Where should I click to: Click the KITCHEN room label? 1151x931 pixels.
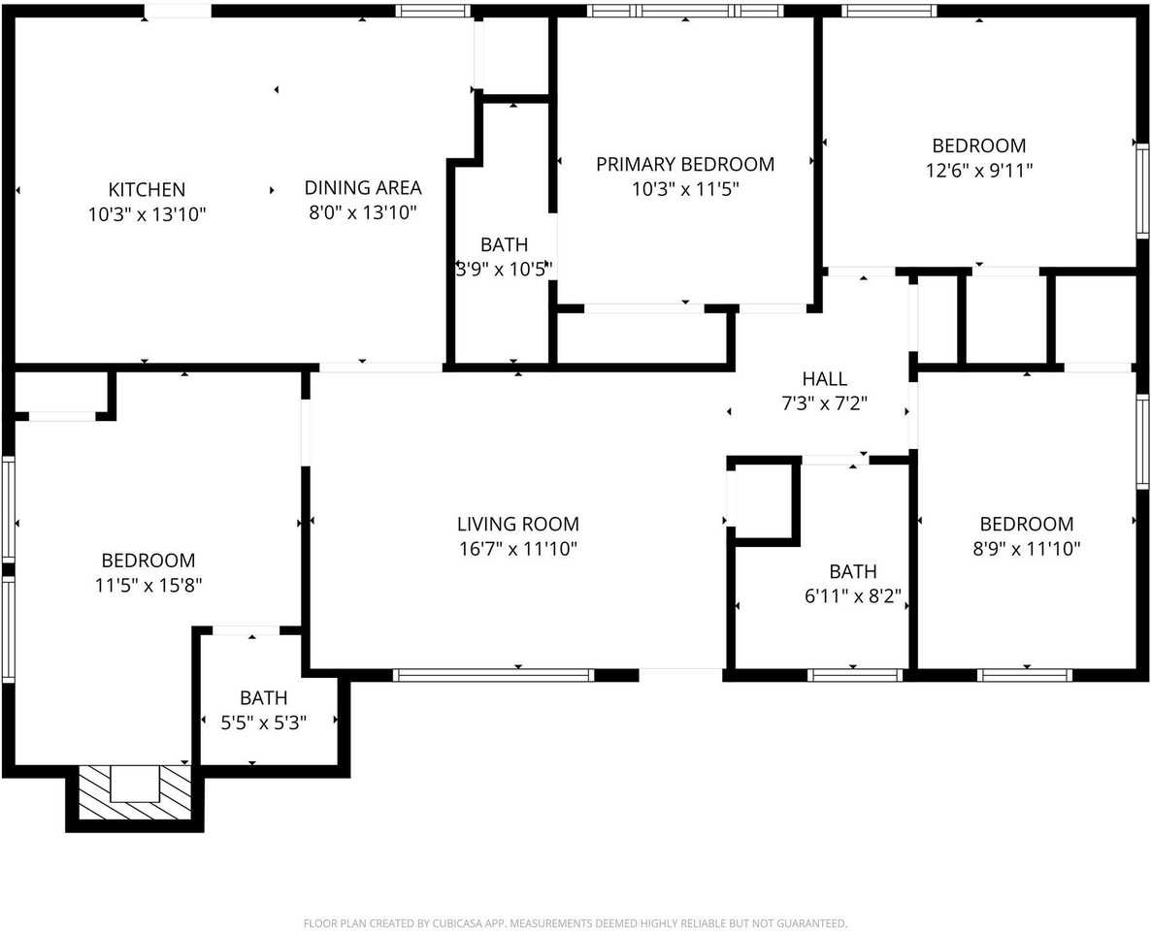tap(147, 189)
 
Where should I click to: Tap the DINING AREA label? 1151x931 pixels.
tap(363, 188)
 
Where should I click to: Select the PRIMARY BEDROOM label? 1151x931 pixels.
tap(685, 164)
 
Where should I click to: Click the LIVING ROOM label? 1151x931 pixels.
tap(517, 525)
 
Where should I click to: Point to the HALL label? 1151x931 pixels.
tap(824, 379)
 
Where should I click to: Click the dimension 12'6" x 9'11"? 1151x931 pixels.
tap(978, 171)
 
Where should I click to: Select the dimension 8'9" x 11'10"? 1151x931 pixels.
tap(1026, 549)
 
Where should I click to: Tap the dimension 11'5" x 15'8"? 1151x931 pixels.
tap(148, 586)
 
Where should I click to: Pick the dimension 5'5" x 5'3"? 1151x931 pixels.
tap(263, 722)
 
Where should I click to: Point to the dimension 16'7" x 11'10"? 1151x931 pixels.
tap(517, 549)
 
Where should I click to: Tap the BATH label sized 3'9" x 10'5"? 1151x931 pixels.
tap(504, 244)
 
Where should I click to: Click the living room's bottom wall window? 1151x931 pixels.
tap(493, 675)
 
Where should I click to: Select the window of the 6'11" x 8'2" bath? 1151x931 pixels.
tap(855, 675)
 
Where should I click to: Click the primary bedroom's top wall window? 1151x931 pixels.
tap(685, 12)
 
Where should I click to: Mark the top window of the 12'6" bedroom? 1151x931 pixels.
tap(888, 12)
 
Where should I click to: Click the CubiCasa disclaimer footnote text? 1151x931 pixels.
tap(575, 923)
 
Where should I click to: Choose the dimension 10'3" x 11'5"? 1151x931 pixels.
tap(685, 189)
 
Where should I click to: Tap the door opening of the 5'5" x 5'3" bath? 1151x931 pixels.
tap(246, 631)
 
